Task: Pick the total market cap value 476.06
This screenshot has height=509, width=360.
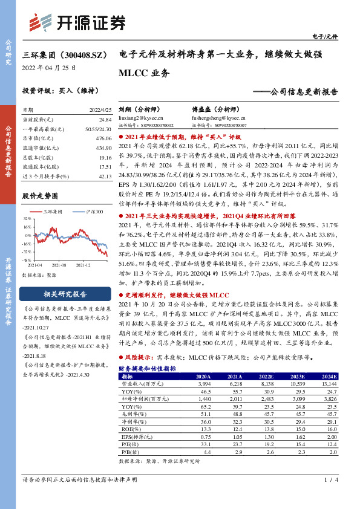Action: pos(104,138)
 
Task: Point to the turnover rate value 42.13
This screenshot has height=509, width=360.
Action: pos(105,176)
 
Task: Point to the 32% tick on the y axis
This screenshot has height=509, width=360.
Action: pos(28,217)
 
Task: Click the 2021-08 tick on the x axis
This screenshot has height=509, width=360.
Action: pos(59,265)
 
